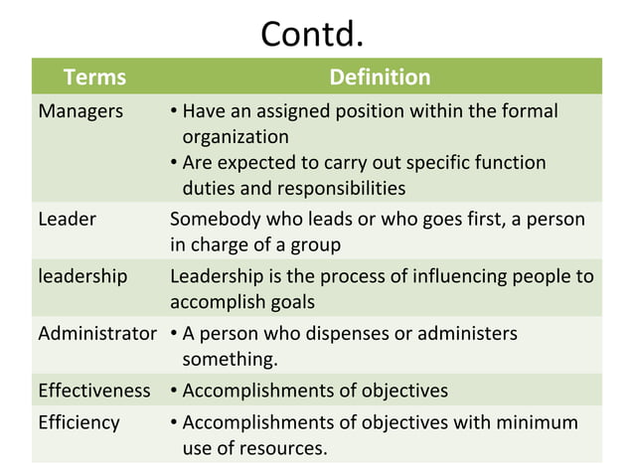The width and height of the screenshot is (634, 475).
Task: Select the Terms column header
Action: [x=94, y=78]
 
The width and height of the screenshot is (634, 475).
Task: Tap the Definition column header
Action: [x=379, y=78]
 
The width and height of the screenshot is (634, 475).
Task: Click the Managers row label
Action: [x=80, y=111]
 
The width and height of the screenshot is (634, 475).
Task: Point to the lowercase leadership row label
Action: [x=82, y=277]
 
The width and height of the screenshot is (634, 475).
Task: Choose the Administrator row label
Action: [x=97, y=334]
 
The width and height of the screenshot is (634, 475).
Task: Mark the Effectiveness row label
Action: [x=94, y=391]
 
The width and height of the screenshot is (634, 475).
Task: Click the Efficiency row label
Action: [x=79, y=422]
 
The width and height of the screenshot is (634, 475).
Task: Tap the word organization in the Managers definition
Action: [x=236, y=136]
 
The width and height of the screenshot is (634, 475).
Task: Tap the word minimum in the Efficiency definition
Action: [x=534, y=422]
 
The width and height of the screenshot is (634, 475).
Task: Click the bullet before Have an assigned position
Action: [x=174, y=111]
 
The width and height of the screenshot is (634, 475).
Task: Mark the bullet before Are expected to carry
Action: [x=174, y=163]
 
